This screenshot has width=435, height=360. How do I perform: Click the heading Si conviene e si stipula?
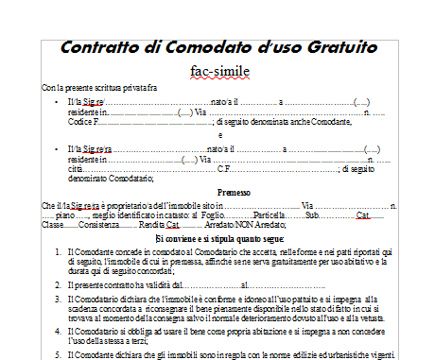click(x=219, y=240)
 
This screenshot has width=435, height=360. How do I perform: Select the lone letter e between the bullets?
click(x=219, y=135)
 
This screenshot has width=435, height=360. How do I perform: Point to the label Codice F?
click(x=82, y=122)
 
